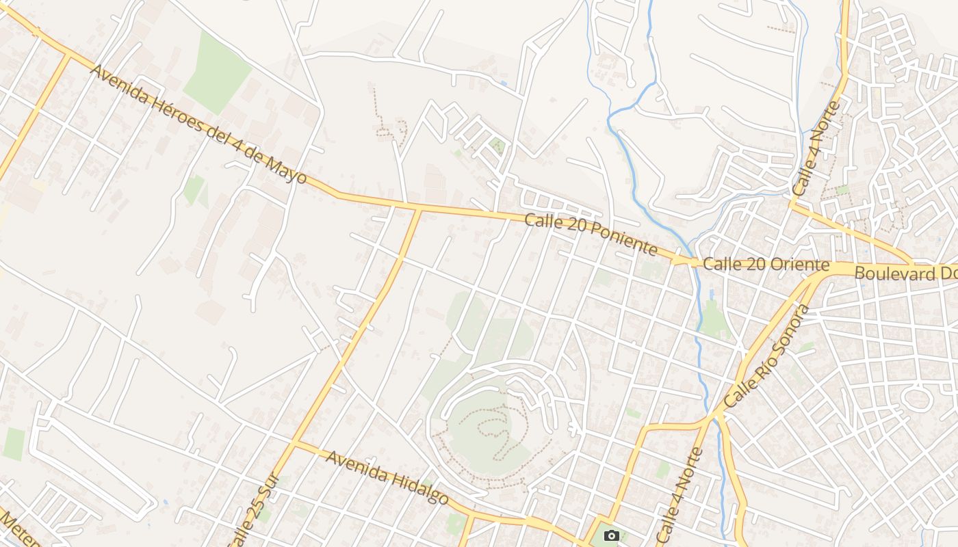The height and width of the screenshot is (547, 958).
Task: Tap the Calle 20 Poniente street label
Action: pos(591,234)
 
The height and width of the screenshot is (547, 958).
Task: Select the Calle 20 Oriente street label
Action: pos(766,265)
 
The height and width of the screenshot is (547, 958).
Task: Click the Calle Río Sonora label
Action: pos(766,358)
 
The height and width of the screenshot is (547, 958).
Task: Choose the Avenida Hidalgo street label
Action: pos(387,477)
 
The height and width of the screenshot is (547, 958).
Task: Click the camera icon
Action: pos(612,535)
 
